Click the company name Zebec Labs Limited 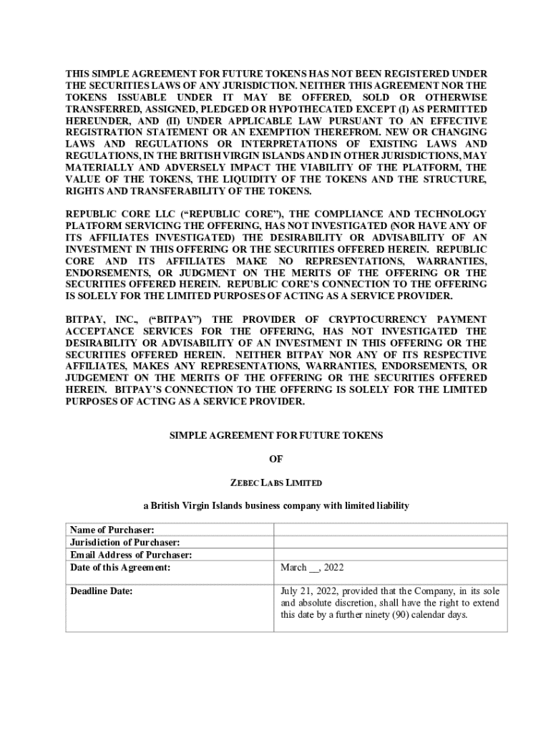275,482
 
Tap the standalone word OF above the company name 275,459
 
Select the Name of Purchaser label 112,530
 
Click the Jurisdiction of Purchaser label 125,543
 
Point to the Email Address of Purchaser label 131,555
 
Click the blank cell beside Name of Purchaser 390,530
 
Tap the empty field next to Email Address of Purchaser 390,555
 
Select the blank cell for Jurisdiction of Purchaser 390,543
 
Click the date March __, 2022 312,568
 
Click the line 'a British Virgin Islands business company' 275,506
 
